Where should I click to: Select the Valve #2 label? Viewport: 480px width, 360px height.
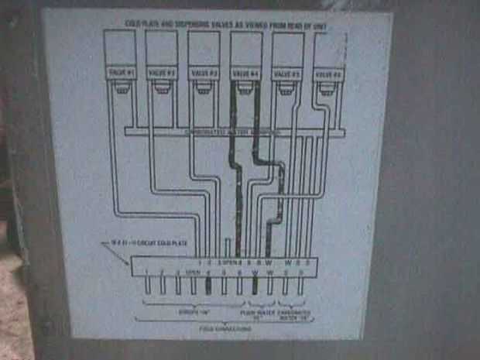point(162,73)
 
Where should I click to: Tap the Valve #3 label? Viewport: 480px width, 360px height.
point(204,73)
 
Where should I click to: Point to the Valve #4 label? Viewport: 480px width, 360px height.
point(246,73)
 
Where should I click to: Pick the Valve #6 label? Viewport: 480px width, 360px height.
point(328,74)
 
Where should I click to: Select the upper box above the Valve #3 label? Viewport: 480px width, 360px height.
point(204,48)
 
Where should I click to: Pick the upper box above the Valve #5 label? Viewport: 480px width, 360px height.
point(288,48)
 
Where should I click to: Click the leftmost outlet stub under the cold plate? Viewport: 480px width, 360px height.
point(146,284)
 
